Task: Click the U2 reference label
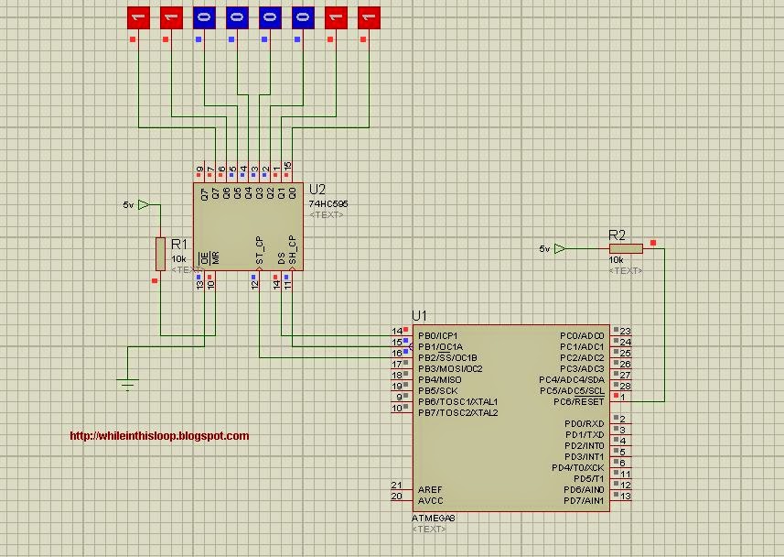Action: [x=317, y=190]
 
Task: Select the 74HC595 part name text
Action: [x=328, y=203]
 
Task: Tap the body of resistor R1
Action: [x=160, y=253]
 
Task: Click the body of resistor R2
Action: [x=626, y=248]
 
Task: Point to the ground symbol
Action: [x=127, y=383]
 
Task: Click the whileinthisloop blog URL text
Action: [x=159, y=436]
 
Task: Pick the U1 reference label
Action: [x=419, y=315]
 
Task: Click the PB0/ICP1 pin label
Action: [x=438, y=335]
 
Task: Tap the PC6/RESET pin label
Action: [x=579, y=401]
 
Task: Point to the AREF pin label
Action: [x=429, y=490]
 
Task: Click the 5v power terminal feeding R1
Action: [x=142, y=205]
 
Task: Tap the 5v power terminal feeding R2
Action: [x=559, y=248]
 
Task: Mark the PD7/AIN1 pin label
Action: [x=584, y=500]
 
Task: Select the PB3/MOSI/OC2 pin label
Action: [x=449, y=368]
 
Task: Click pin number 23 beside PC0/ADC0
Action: [x=627, y=332]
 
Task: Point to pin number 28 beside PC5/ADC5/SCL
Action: [x=627, y=387]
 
